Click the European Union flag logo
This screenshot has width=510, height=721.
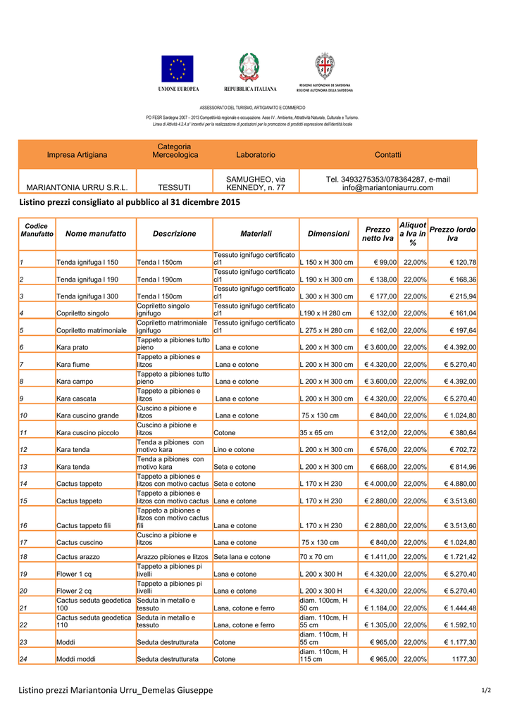[x=177, y=69]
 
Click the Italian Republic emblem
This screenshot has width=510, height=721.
[x=249, y=68]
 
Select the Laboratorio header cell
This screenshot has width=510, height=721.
[x=256, y=155]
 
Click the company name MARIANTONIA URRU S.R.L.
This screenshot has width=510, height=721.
[x=77, y=188]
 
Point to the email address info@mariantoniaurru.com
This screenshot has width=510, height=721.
[x=387, y=188]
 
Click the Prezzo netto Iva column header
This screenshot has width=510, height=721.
[x=378, y=234]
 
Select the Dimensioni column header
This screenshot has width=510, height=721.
[x=328, y=234]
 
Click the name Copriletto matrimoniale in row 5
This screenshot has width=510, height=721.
[x=91, y=331]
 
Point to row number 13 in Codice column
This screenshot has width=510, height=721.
[x=24, y=467]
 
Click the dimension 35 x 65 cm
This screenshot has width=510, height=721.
[x=318, y=433]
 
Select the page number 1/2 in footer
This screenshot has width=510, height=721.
[x=486, y=691]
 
